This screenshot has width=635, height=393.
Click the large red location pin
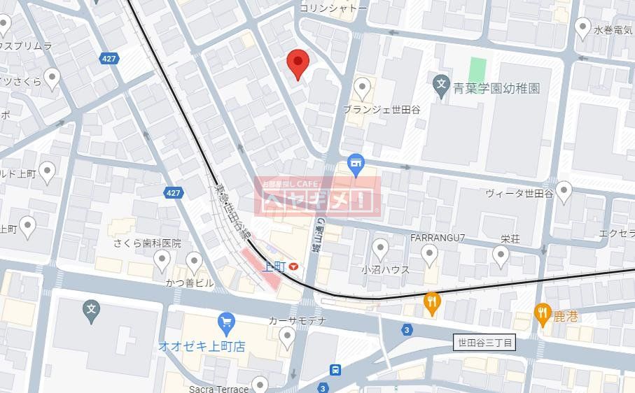click(x=298, y=64)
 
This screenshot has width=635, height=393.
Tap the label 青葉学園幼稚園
click(x=496, y=89)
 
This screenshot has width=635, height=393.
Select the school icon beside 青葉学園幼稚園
click(x=440, y=87)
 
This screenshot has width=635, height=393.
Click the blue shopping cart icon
click(x=225, y=323)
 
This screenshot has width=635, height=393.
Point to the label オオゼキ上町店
click(x=201, y=346)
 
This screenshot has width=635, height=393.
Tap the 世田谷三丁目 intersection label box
click(x=485, y=343)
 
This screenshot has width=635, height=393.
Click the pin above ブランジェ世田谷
click(x=362, y=88)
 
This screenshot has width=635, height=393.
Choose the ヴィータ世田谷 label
click(x=519, y=193)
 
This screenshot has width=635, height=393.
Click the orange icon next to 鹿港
click(x=543, y=313)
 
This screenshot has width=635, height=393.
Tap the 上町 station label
click(x=273, y=266)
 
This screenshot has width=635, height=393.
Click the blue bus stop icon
click(x=337, y=369)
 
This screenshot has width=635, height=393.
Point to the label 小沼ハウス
click(x=385, y=269)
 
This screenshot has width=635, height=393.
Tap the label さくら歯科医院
click(x=147, y=243)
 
